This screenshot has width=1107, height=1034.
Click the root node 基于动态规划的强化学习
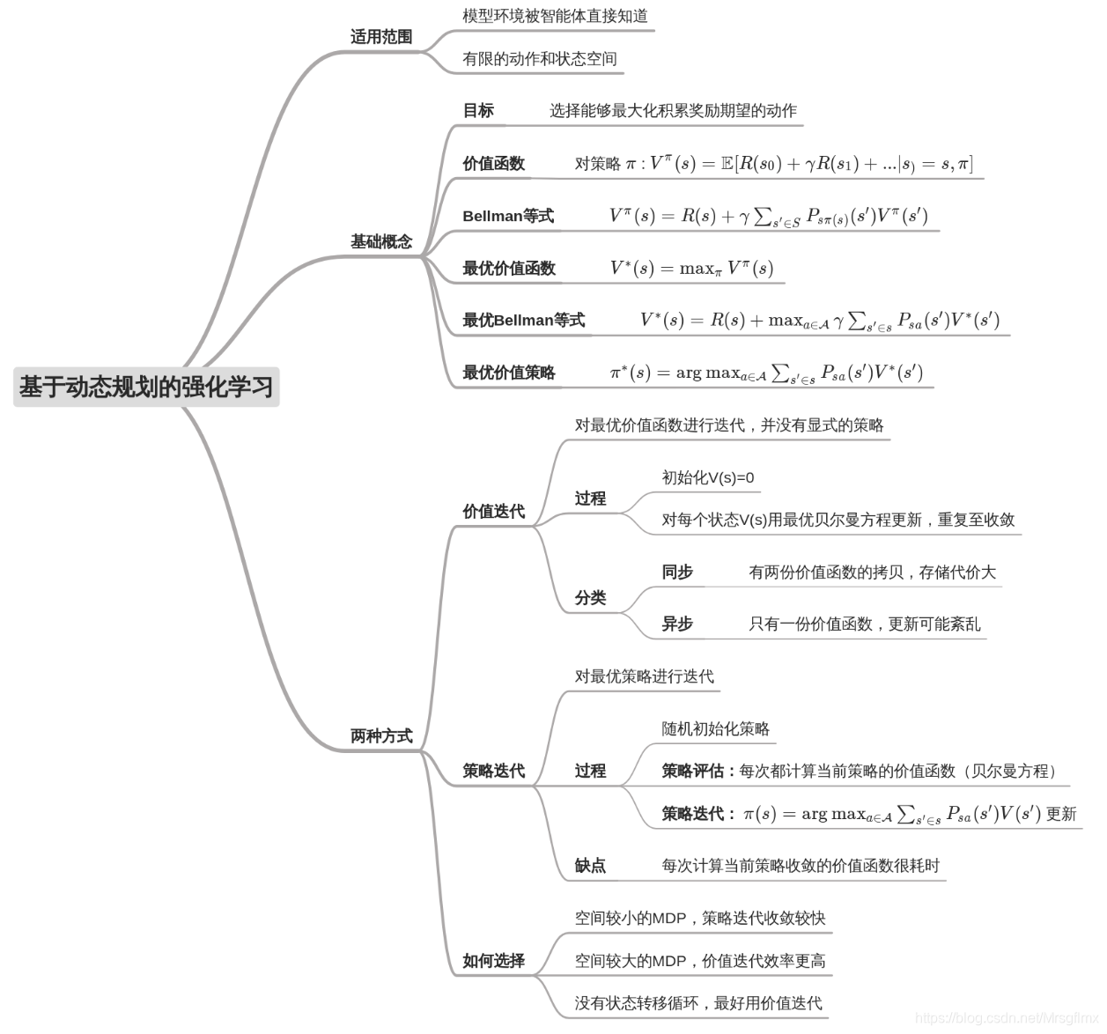146,387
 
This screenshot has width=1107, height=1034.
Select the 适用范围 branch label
380,37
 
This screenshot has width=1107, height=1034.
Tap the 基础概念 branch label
380,241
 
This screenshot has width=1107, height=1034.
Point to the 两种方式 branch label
380,736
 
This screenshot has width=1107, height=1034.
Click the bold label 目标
478,111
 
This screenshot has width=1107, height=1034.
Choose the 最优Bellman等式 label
523,321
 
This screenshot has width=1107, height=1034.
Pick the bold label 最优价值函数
508,269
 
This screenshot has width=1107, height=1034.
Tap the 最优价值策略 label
508,373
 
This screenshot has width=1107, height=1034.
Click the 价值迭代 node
493,512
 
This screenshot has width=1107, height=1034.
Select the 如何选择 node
493,961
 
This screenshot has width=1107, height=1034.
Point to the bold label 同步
677,572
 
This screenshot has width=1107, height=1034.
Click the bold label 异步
677,624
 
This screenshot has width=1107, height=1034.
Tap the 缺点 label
590,866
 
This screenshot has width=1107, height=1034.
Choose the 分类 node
590,598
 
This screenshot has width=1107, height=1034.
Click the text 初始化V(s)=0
708,477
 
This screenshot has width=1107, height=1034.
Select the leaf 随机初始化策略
715,729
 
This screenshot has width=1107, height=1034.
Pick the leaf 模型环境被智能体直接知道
555,16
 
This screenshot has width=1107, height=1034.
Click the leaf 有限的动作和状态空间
539,59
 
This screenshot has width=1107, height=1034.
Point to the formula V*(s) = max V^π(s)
691,269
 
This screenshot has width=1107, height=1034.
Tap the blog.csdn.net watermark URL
1007,1018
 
